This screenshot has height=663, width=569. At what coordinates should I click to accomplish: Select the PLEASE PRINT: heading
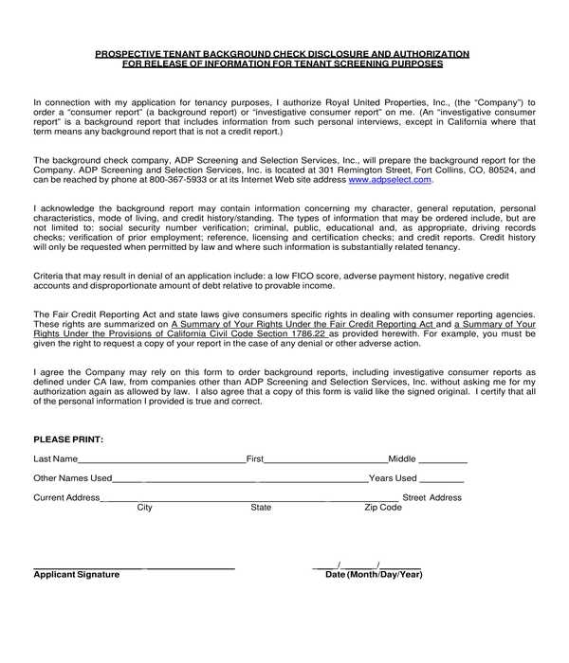[x=68, y=439]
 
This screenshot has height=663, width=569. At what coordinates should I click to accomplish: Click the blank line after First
[x=325, y=461]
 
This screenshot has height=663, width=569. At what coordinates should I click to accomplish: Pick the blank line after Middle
[x=442, y=461]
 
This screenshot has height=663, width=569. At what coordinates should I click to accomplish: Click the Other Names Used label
[x=73, y=478]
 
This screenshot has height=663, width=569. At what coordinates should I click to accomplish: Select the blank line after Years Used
[x=441, y=481]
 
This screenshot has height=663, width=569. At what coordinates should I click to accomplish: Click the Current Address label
[x=66, y=497]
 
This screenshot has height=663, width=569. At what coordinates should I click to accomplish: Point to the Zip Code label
[x=383, y=508]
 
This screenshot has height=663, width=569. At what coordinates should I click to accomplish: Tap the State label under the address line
[x=261, y=508]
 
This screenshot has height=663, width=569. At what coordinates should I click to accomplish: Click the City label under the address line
[x=145, y=508]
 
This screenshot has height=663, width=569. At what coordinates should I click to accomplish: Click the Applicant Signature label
[x=77, y=575]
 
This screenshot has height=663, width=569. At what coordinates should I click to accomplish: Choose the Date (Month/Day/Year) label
[x=374, y=575]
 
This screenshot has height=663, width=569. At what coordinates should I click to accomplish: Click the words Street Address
[x=432, y=497]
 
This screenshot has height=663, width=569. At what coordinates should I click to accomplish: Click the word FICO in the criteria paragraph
[x=316, y=275]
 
